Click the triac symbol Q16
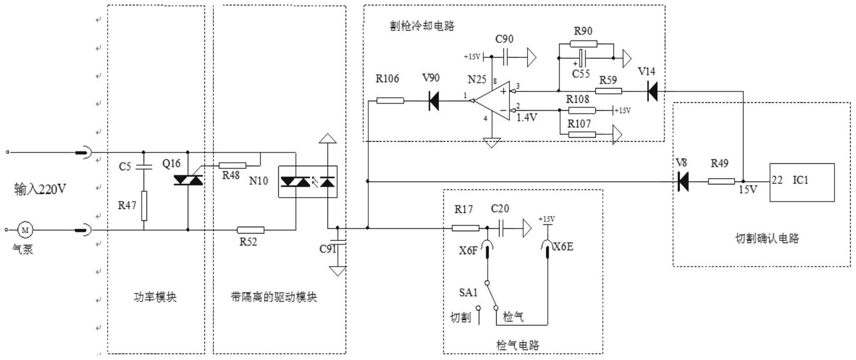coord(188,180)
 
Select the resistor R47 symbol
coord(144,206)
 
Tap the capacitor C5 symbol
coord(144,166)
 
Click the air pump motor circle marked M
coord(25,230)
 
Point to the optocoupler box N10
coord(308,182)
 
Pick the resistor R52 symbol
coord(250,230)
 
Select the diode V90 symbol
coord(434,101)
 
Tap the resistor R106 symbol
coord(390,101)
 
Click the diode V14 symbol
coord(652,91)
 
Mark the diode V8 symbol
coord(682,181)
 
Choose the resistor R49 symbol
coord(721,181)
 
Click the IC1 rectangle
coord(802,182)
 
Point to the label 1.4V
coord(527,118)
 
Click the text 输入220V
coord(40,189)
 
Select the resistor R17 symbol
coord(465,228)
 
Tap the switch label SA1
coord(468,293)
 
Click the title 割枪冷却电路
coord(422,26)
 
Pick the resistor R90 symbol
coord(584,44)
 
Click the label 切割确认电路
coord(767,239)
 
